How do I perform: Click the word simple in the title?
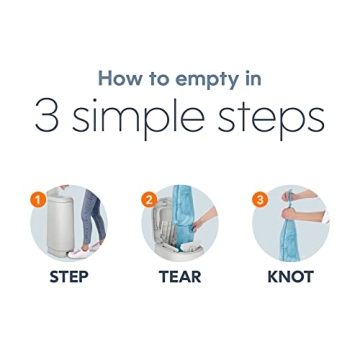[138, 118]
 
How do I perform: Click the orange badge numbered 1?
[38, 200]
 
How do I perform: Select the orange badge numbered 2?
[149, 200]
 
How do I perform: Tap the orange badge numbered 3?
[260, 200]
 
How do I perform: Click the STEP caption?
[69, 277]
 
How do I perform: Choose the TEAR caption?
[180, 277]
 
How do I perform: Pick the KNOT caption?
[291, 277]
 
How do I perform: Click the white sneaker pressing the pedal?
[78, 252]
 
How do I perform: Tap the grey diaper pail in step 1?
[60, 224]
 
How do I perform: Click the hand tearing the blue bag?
[204, 220]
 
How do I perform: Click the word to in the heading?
[160, 80]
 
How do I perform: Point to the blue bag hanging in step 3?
[289, 238]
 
